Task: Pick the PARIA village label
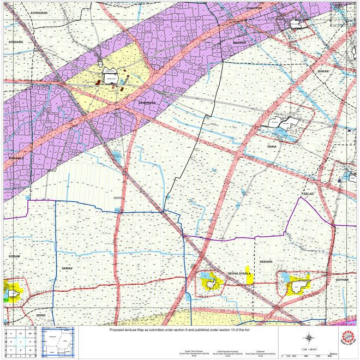click(272, 147)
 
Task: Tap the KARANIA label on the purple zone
click(15, 158)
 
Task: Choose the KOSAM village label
click(14, 256)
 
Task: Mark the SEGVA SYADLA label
click(239, 272)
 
